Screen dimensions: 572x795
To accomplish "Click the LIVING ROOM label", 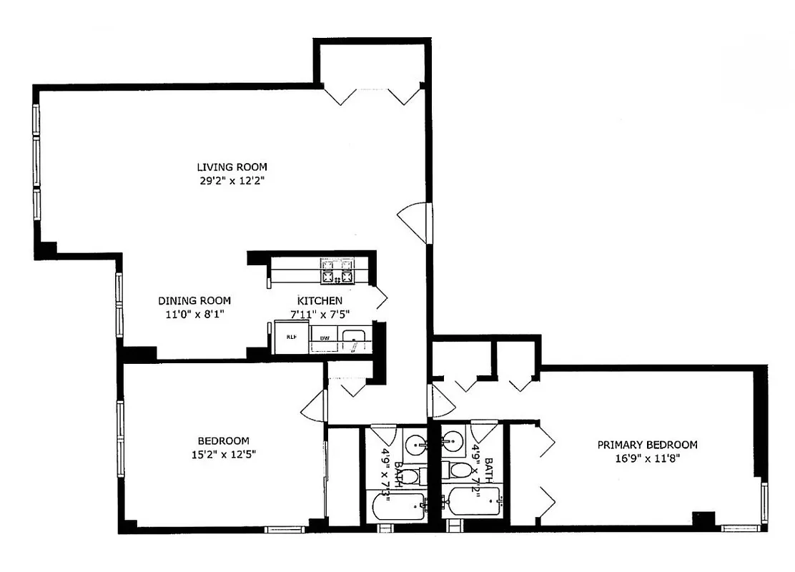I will point(232,167).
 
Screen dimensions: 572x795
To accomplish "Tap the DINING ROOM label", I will point(194,301).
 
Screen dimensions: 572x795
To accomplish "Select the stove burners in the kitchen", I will point(337,272).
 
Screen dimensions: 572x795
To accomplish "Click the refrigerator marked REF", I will point(292,337).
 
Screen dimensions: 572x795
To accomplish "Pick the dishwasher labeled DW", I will point(324,337).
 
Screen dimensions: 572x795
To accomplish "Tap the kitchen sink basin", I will point(352,338).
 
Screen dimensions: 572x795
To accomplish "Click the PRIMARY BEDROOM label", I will point(647,445).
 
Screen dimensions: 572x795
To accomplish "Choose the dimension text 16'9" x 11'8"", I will point(647,458).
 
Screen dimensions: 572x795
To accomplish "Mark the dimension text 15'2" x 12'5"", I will point(223,454).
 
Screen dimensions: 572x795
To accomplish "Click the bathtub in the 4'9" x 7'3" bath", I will point(396,507).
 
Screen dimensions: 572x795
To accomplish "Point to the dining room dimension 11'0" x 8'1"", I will point(194,314).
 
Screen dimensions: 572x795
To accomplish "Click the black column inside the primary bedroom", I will point(704,520).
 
